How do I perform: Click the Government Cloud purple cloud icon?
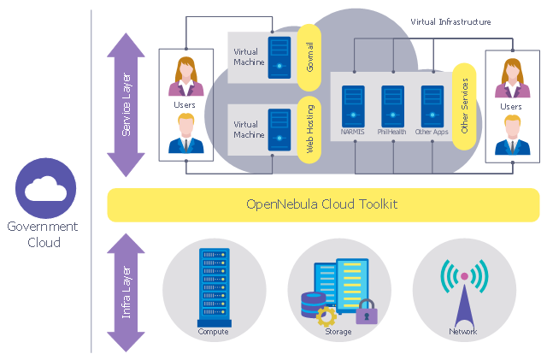(x=46, y=187)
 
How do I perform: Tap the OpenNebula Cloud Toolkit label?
(x=321, y=204)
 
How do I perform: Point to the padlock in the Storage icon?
(x=367, y=312)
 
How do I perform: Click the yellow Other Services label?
(x=464, y=105)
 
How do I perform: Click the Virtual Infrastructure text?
(x=450, y=22)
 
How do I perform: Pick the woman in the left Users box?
(x=184, y=77)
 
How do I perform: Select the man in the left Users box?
(x=184, y=134)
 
